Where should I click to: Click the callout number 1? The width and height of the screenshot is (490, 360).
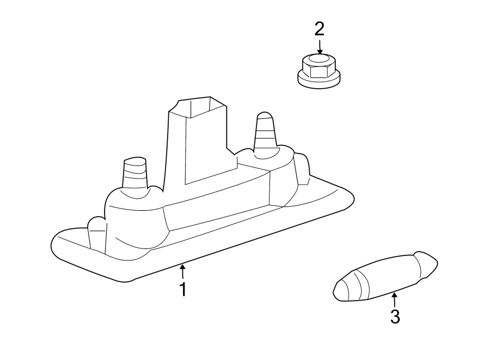[x=183, y=289]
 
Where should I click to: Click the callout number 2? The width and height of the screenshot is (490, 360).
[x=320, y=28]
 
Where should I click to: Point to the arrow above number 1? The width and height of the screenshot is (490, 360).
[x=183, y=271]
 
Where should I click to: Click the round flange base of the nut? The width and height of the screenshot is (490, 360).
[x=318, y=80]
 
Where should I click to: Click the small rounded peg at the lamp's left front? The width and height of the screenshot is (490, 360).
[x=96, y=231]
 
